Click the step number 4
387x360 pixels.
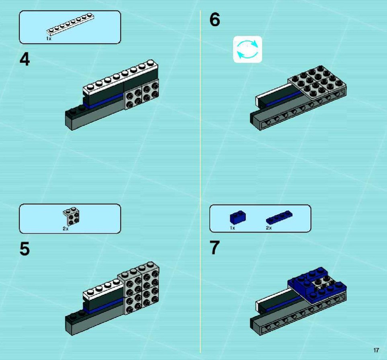[25, 60]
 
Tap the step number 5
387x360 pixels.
[25, 249]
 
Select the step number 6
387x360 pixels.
[215, 20]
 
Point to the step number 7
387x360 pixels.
[215, 248]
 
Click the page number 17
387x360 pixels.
[376, 350]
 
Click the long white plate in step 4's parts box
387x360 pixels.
[70, 25]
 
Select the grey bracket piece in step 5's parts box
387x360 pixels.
[71, 216]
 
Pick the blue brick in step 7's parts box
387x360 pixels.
[238, 218]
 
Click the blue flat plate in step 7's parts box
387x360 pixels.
[279, 218]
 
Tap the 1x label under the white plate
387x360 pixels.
[49, 39]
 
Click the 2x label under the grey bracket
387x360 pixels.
[66, 229]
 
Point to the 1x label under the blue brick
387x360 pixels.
[233, 228]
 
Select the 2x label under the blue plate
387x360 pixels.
[269, 228]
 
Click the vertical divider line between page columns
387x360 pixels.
[200, 181]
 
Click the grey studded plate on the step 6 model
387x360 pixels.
[317, 84]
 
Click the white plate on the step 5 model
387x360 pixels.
[103, 289]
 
